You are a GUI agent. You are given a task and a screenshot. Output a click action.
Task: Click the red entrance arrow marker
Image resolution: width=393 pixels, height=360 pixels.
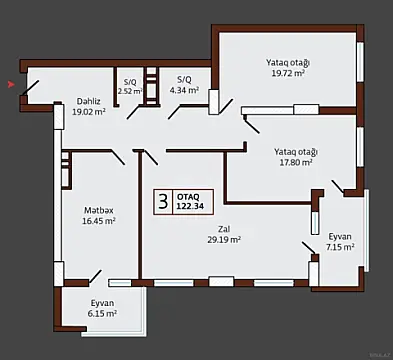coord(11,86)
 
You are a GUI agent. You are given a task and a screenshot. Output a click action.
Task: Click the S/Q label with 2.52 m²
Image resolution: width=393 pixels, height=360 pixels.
coord(130,81)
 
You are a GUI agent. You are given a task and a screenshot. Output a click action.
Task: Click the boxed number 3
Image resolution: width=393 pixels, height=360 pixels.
coord(161,199)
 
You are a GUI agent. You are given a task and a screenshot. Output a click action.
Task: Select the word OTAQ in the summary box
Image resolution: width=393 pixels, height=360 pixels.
coord(188,195)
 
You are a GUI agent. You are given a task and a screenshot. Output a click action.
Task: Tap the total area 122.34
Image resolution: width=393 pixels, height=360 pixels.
coord(192,206)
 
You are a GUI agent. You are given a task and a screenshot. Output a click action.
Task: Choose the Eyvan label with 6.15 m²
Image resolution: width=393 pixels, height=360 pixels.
coord(102,302)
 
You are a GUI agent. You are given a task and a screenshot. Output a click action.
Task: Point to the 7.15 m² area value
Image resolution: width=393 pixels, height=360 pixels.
coord(340,247)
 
